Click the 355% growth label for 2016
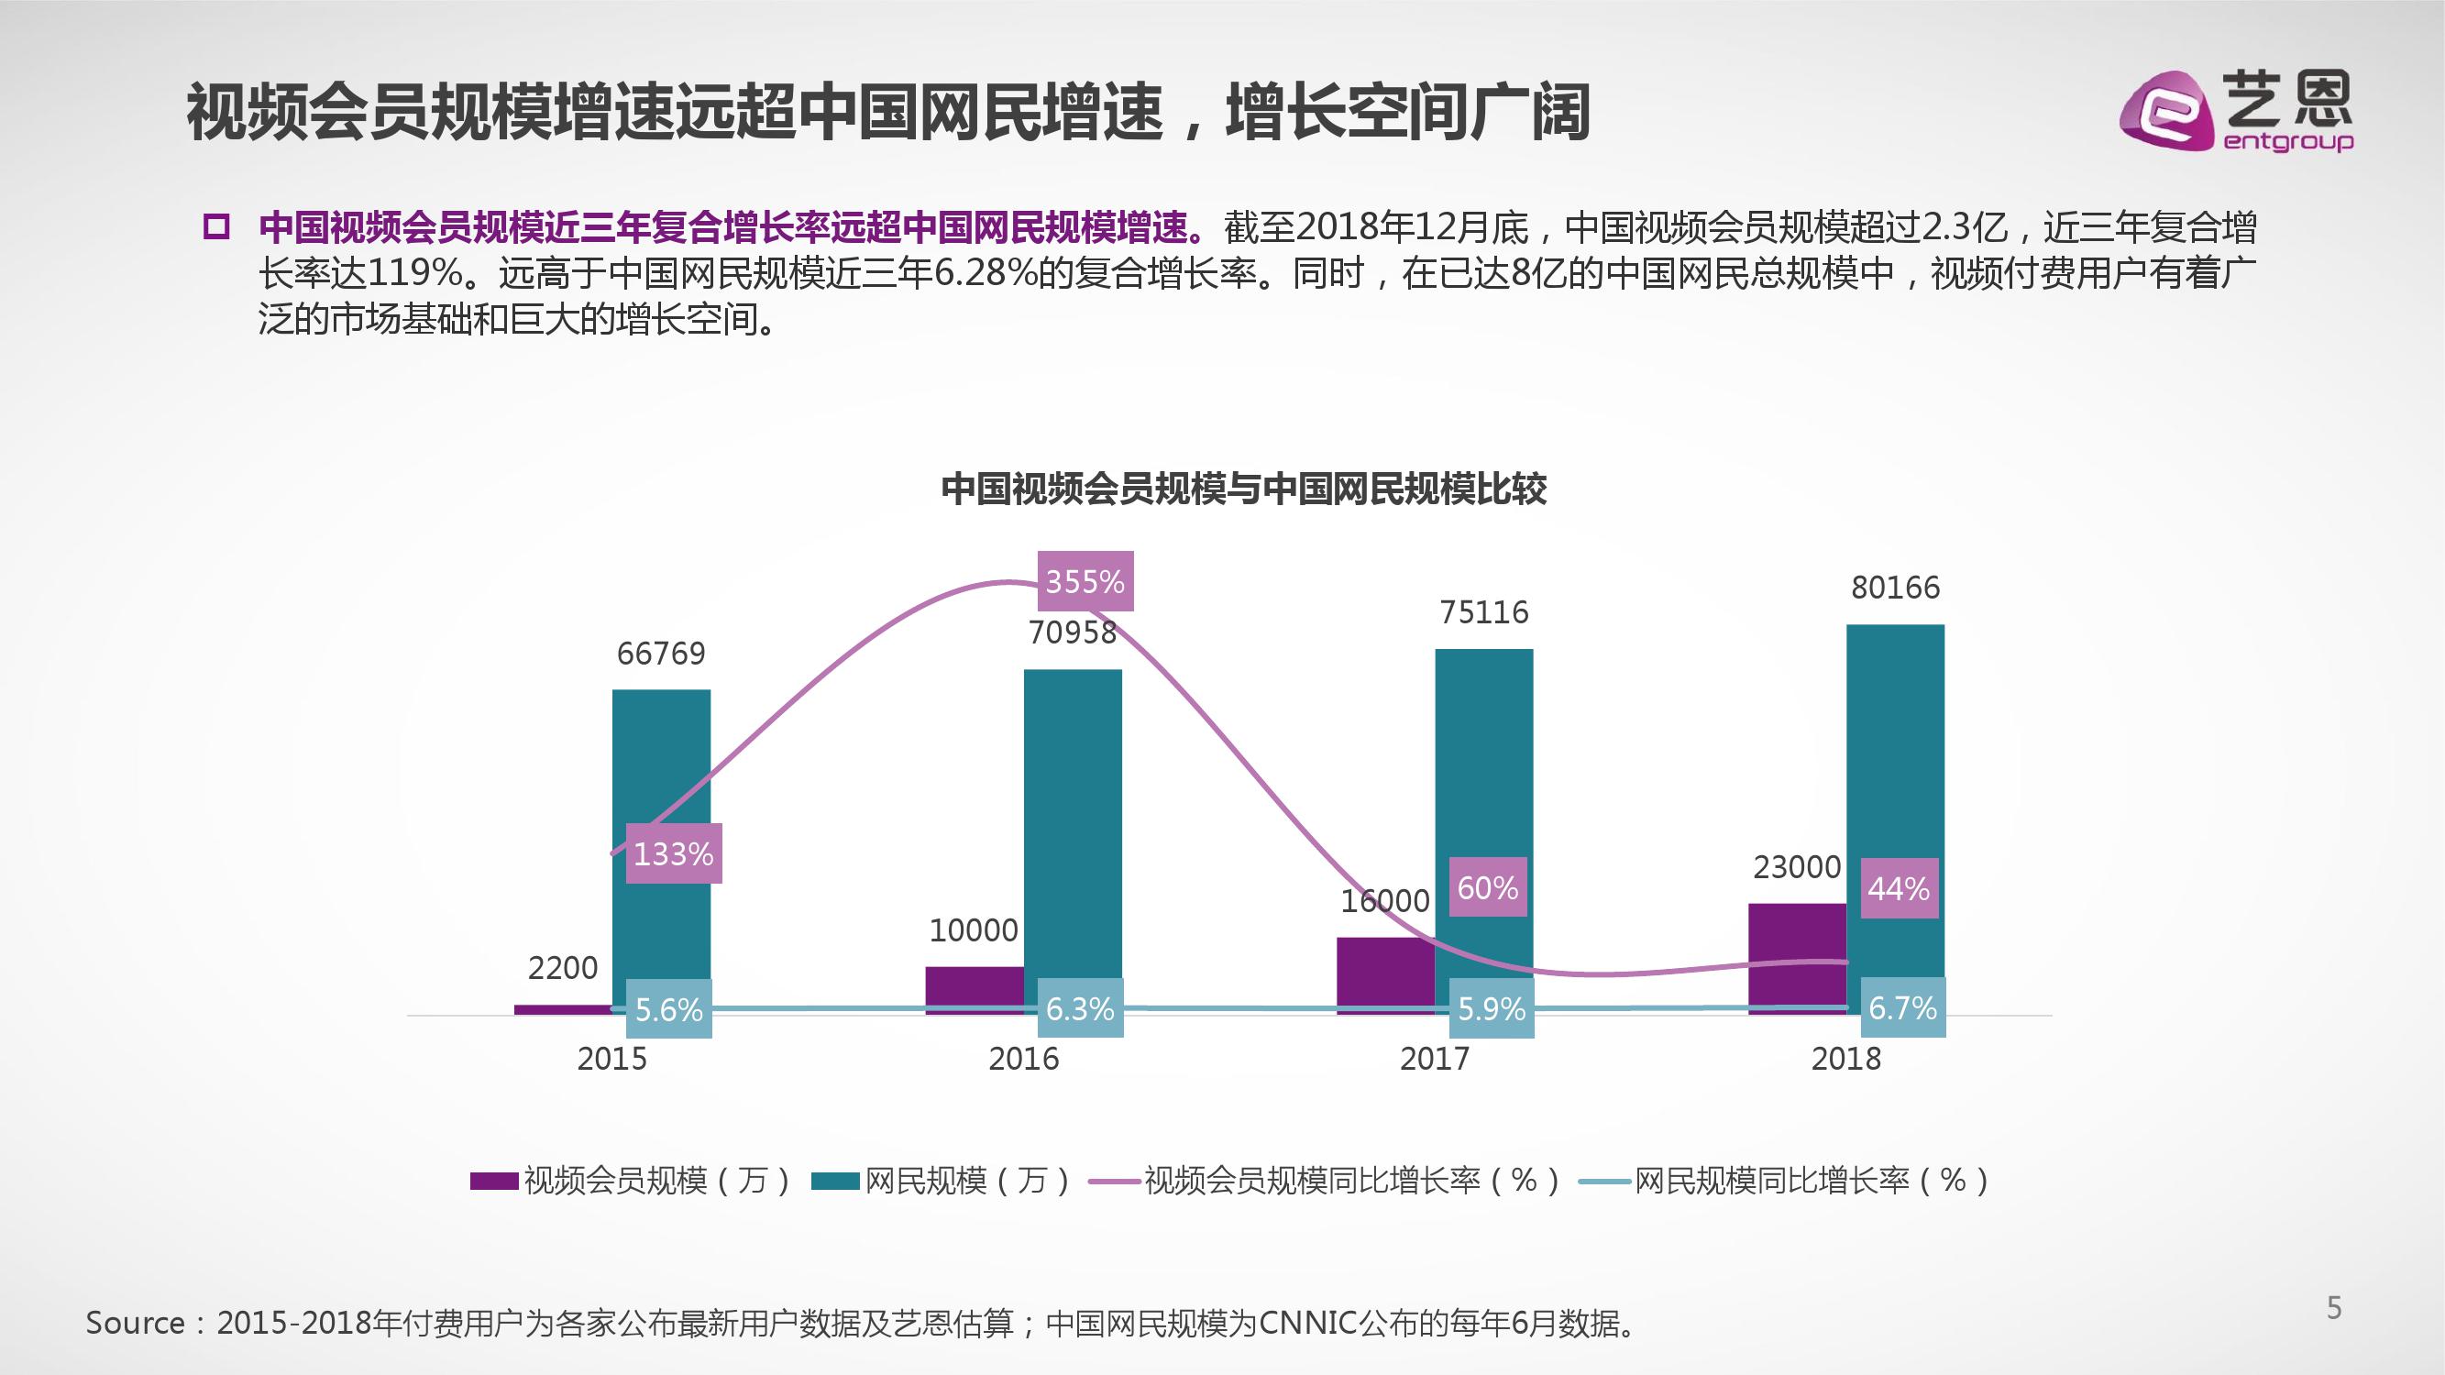1085,581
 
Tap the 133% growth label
673,853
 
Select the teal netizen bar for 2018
1895,797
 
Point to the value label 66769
661,653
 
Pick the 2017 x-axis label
1434,1058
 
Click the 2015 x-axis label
611,1058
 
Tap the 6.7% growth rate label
1902,1007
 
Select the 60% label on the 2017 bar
1487,887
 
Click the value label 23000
1797,866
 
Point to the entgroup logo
2235,113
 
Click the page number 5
2334,1308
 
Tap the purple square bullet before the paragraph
216,227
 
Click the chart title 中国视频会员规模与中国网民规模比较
1243,489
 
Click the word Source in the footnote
135,1323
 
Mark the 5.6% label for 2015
668,1008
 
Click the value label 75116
1483,612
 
